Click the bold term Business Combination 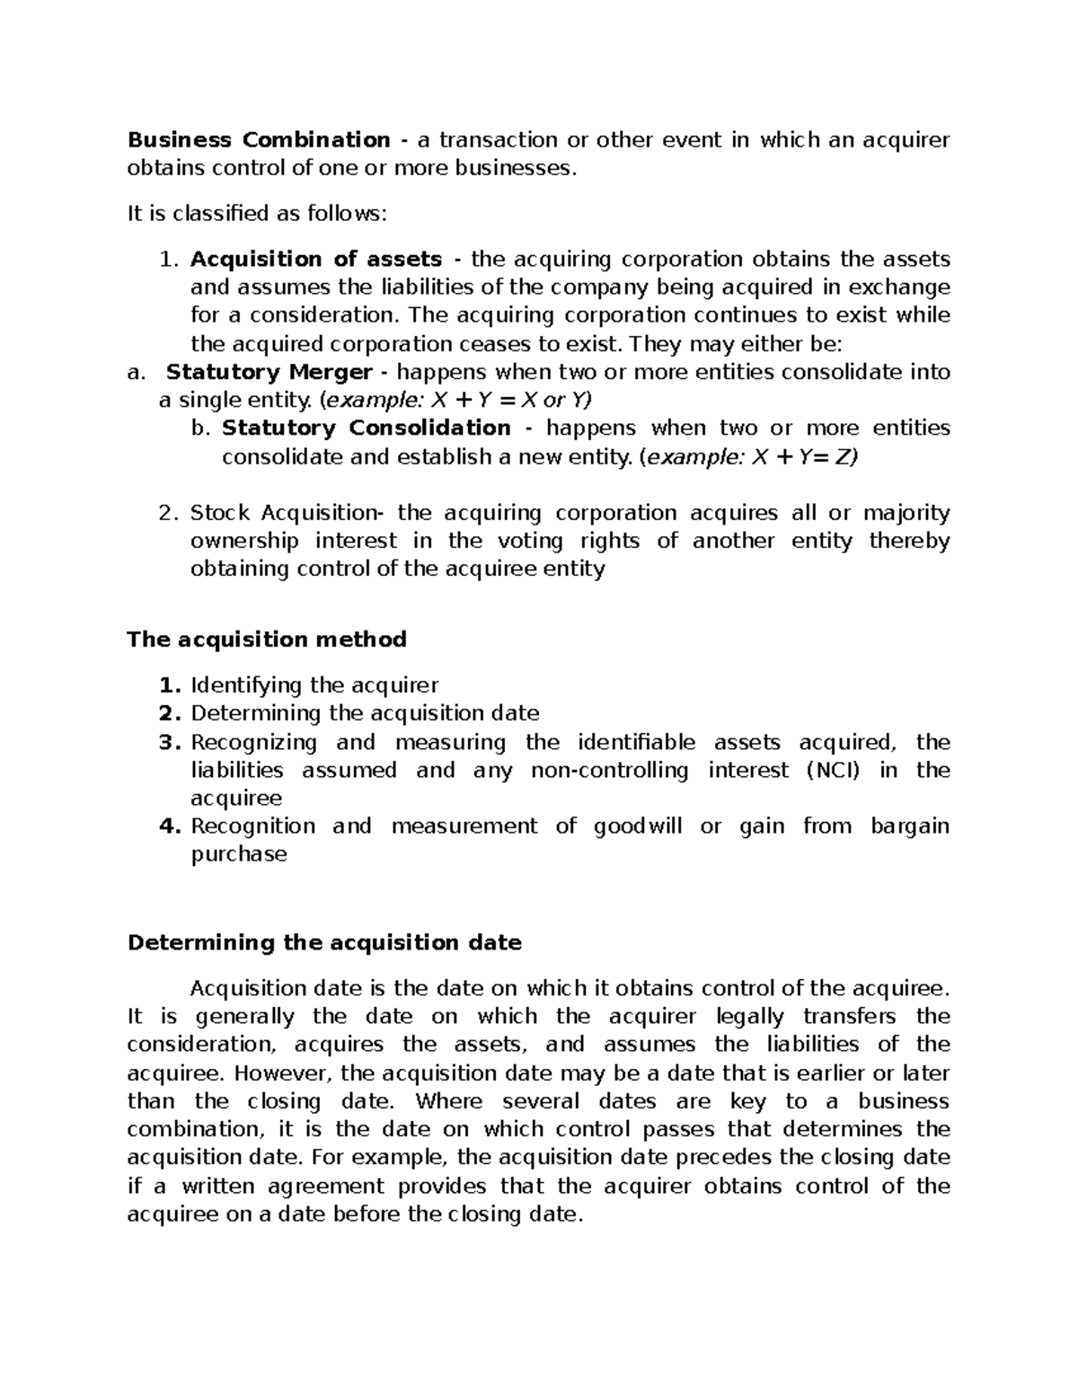(259, 140)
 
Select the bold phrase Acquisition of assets (316, 260)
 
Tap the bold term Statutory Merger (269, 372)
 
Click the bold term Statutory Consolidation (367, 428)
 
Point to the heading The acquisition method (267, 640)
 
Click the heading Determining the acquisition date (324, 943)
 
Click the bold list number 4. (171, 826)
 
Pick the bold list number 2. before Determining (171, 714)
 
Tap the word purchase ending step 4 (239, 854)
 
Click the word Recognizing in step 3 (253, 743)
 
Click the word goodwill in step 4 (638, 826)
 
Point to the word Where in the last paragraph (449, 1101)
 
